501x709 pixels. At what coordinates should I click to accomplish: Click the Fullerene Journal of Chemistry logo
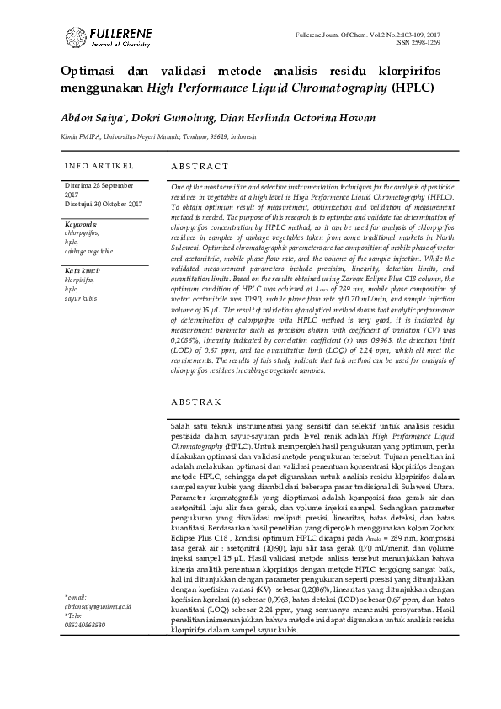tap(107, 37)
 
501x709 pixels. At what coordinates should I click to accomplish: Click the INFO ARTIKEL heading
tap(95, 164)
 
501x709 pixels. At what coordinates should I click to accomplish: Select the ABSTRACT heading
tap(200, 168)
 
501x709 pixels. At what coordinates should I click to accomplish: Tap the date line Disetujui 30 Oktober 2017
tap(104, 205)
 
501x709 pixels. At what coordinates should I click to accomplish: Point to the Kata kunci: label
tap(83, 271)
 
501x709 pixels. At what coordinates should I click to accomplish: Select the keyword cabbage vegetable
tap(88, 251)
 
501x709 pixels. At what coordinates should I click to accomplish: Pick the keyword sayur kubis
tap(81, 299)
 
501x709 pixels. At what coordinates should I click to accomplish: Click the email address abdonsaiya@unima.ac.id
tap(98, 652)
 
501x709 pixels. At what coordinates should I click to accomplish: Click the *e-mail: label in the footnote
tap(76, 643)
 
